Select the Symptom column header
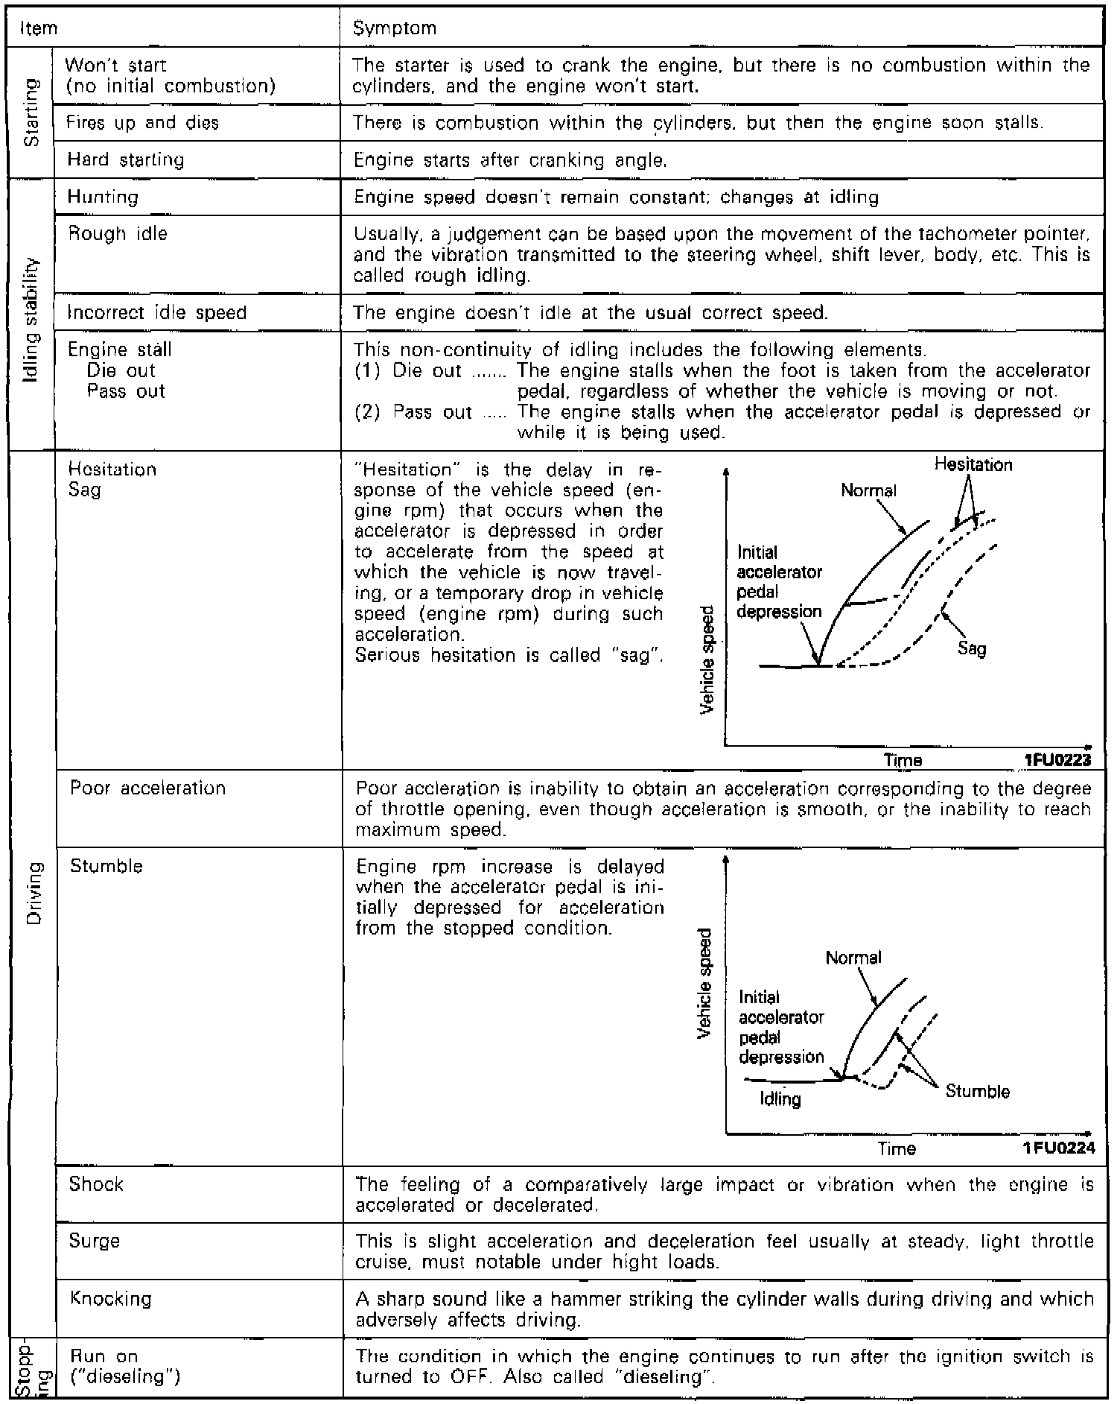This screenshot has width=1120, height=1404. tap(395, 28)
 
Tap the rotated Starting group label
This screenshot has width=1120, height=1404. tap(31, 113)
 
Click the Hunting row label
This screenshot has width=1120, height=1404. tap(103, 197)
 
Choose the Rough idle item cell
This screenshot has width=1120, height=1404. tap(118, 234)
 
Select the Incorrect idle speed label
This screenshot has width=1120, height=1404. tap(156, 312)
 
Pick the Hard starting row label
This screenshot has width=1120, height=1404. tap(125, 159)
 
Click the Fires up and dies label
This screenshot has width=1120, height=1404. tap(142, 123)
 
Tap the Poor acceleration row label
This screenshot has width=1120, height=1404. tap(147, 788)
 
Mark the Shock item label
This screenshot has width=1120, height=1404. tap(96, 1184)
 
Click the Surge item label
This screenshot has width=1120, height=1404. tap(95, 1242)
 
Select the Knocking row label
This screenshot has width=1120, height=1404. tap(110, 1299)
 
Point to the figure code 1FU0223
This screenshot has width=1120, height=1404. tap(1058, 760)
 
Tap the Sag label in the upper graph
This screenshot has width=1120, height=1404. tap(972, 648)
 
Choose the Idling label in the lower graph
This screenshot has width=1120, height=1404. tap(780, 1099)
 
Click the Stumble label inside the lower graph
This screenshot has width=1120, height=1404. tap(977, 1092)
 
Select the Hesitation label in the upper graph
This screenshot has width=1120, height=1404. tap(973, 465)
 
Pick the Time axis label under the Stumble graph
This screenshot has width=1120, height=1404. tap(897, 1149)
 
